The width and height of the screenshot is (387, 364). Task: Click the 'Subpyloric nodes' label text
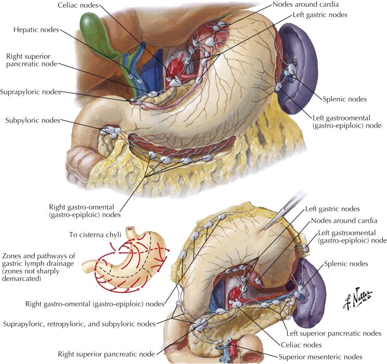32,120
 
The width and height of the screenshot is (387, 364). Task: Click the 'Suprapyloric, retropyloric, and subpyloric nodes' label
79,324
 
